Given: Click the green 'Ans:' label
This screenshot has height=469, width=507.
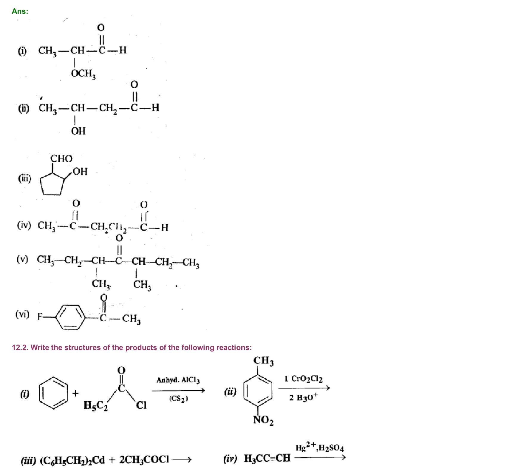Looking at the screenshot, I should [x=20, y=11].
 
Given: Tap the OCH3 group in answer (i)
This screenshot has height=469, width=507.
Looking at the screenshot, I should [x=83, y=73].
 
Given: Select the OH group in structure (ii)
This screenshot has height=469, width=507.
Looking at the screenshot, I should [x=78, y=131].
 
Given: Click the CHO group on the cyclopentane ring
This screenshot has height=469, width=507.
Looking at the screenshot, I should [x=61, y=158].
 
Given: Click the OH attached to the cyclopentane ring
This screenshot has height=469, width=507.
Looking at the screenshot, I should [x=80, y=172].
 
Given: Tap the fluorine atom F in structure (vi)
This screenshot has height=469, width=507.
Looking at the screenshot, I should [x=40, y=317].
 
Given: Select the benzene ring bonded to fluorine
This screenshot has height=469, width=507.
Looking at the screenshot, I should [x=71, y=317].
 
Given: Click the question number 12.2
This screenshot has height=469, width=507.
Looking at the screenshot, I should [x=20, y=348].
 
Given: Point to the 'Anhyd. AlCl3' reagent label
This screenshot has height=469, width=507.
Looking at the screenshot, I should [x=178, y=380].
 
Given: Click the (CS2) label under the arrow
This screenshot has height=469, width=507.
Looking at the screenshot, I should [x=178, y=399].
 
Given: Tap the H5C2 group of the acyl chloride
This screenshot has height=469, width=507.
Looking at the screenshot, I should [x=96, y=405].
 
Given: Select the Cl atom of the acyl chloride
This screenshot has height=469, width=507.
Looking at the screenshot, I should [x=141, y=405].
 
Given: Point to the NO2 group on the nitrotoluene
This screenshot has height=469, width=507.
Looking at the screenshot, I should [x=263, y=420].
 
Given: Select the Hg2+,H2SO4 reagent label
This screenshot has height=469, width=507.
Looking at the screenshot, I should [x=319, y=447].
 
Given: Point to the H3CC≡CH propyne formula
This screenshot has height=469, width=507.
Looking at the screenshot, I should [x=267, y=458].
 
